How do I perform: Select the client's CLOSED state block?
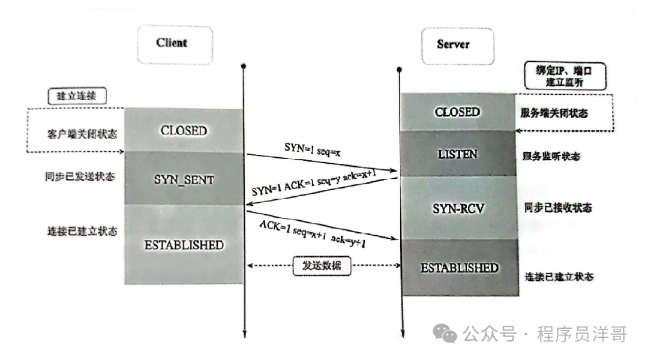pos(184,131)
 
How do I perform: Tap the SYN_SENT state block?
pos(184,179)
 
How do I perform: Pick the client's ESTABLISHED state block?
pos(184,245)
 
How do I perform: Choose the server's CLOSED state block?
pos(457,113)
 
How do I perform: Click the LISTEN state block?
pos(457,154)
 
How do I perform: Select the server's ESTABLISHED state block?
pos(459,268)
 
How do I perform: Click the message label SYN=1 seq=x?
pos(313,148)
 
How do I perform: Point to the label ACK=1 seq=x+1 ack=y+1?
pos(313,234)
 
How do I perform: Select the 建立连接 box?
pos(76,95)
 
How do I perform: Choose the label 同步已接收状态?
pos(558,208)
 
